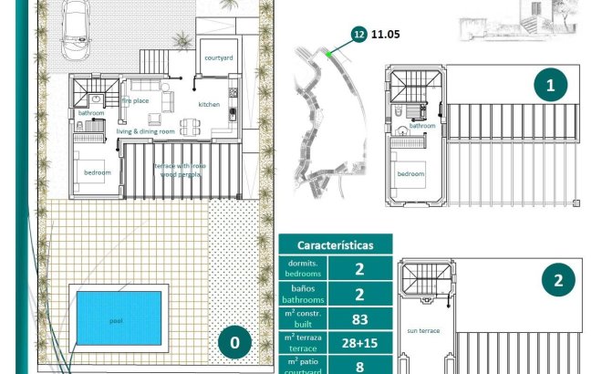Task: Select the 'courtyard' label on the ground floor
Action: pos(219,57)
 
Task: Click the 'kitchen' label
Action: pos(209,105)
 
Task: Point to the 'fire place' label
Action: pos(135,101)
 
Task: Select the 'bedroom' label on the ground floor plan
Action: pos(98,172)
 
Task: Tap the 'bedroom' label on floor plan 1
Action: pos(410,173)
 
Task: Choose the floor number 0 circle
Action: pos(234,342)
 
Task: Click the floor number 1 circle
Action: pos(550,86)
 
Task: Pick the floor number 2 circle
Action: pos(558,280)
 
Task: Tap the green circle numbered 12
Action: pos(359,35)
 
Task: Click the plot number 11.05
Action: pos(387,35)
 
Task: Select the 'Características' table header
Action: pos(336,245)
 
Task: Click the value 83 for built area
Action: pos(359,318)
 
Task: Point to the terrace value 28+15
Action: pos(359,344)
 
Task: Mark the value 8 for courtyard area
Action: pos(359,366)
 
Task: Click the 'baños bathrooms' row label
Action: pos(302,293)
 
